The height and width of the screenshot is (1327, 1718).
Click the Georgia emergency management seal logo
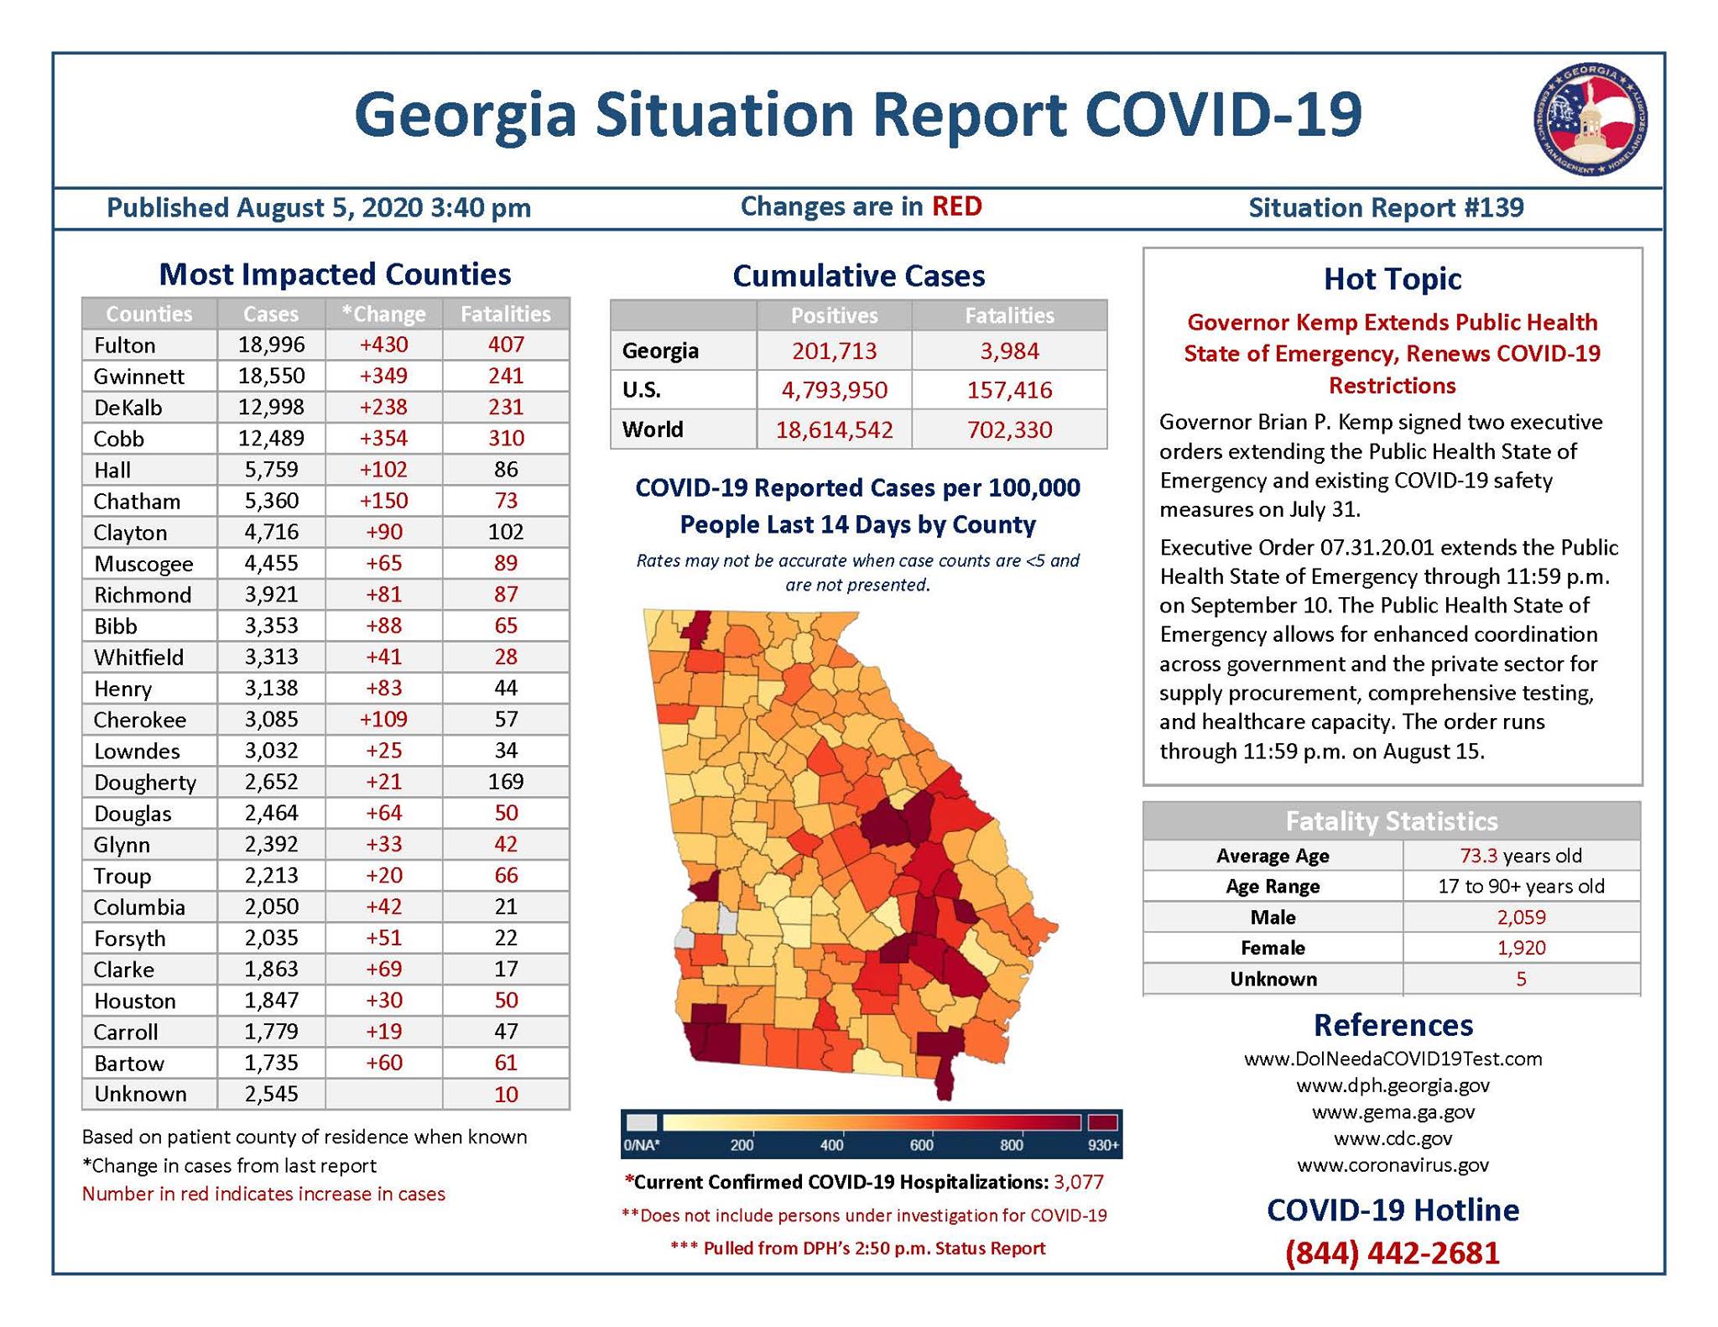point(1590,120)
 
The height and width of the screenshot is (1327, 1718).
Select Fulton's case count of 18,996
point(271,345)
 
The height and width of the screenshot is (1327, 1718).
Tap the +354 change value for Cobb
point(383,438)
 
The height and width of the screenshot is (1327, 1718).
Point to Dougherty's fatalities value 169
point(506,782)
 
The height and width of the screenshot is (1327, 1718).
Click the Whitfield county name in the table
point(138,658)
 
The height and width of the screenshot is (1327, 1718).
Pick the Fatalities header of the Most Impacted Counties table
point(506,314)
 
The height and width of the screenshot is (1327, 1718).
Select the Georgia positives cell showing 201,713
point(834,351)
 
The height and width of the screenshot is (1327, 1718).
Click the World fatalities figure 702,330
point(1009,429)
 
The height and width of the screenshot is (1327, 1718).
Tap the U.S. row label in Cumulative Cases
point(642,390)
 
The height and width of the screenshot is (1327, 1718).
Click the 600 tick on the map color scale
point(921,1145)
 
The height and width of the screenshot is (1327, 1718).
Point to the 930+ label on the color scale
point(1103,1145)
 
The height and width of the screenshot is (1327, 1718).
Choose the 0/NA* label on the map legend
point(642,1145)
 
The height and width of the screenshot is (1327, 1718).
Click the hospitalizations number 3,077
point(1079,1182)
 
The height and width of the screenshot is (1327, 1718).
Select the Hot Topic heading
point(1393,278)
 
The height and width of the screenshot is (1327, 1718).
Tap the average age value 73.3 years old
point(1521,856)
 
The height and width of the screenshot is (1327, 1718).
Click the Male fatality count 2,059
point(1521,917)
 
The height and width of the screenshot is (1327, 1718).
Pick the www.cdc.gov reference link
point(1393,1138)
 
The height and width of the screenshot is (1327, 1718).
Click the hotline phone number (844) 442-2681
point(1393,1252)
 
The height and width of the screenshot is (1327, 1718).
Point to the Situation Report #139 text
point(1386,208)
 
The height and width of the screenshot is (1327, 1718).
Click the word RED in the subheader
point(956,206)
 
